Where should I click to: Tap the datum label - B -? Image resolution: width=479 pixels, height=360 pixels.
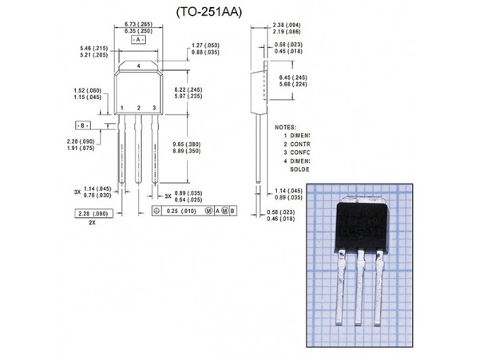(x=82, y=126)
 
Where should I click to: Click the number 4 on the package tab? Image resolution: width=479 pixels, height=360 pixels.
(x=139, y=65)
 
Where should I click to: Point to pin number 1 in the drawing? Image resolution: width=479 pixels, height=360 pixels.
(x=122, y=107)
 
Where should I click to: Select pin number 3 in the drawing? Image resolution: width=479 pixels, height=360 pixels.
(x=154, y=107)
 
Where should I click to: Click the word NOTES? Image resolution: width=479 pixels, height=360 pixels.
(x=285, y=127)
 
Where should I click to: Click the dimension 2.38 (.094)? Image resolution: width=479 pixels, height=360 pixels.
(x=286, y=25)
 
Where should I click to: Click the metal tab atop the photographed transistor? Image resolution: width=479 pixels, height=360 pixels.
(x=365, y=197)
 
